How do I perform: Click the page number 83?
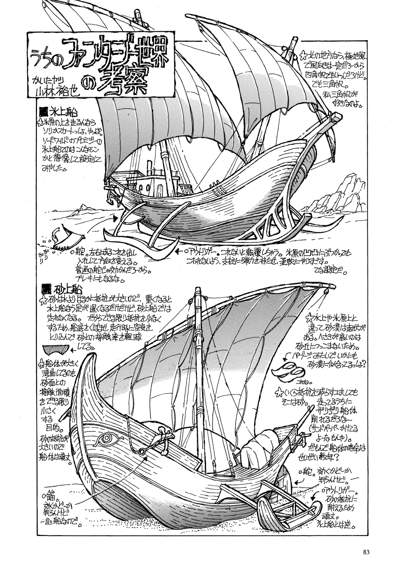click(x=367, y=552)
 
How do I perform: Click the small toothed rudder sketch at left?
click(x=64, y=240)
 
